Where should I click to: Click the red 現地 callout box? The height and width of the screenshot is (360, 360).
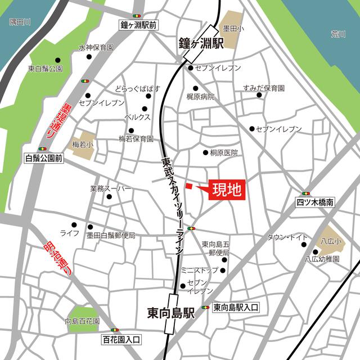point(227,190)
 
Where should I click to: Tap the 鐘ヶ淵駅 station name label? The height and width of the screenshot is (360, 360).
point(201,43)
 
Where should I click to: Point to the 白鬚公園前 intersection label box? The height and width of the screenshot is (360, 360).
point(43,159)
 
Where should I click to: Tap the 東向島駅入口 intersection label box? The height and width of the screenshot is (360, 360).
point(236,307)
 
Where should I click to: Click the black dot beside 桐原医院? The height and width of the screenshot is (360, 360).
point(205,152)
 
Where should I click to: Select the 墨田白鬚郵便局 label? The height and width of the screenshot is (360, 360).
point(111,235)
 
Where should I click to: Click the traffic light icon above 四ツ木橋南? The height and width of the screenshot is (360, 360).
point(305,193)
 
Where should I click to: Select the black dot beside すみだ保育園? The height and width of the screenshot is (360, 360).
point(259,96)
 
